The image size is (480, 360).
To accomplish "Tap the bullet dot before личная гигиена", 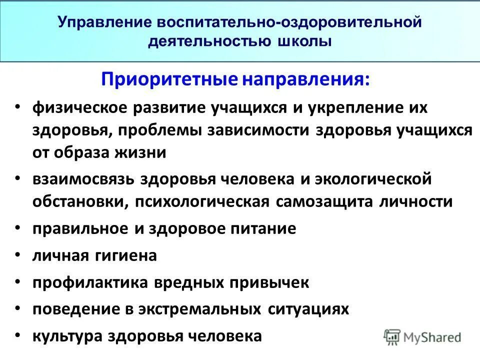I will click(x=18, y=255).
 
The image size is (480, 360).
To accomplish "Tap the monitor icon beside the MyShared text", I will click(x=392, y=337).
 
